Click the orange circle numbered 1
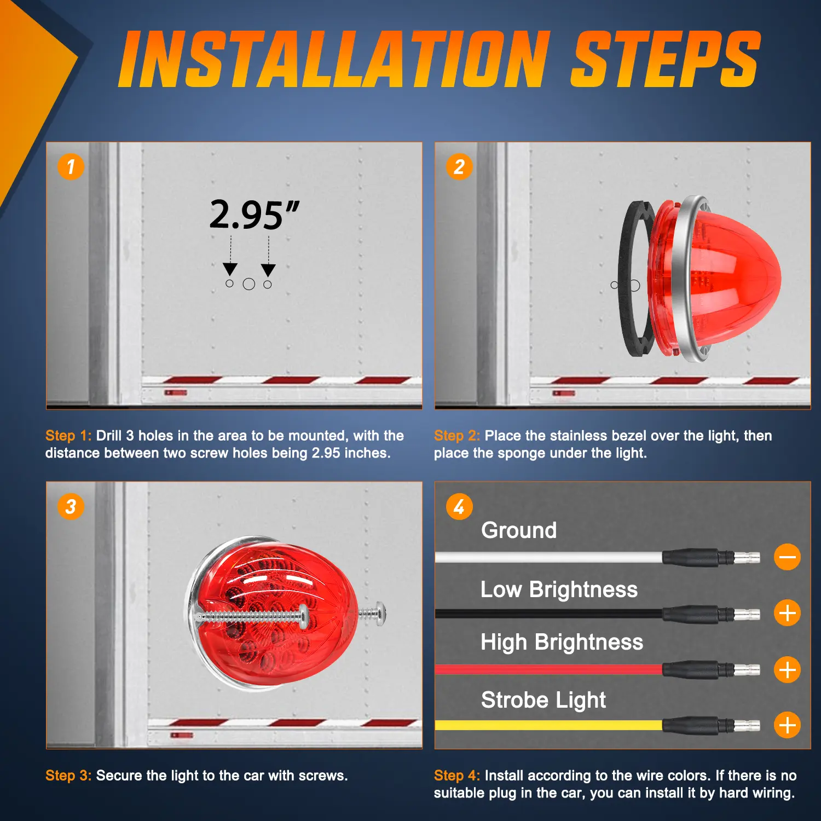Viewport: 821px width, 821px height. point(71,166)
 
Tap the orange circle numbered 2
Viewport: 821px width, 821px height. point(459,166)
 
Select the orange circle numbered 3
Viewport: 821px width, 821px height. point(71,506)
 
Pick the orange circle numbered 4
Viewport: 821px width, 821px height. point(459,506)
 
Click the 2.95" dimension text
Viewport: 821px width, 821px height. point(255,215)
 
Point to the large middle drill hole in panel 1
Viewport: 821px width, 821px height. point(249,284)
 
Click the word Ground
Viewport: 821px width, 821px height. point(519,530)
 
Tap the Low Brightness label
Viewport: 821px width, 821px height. point(559,589)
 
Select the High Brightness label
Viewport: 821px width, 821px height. point(562,643)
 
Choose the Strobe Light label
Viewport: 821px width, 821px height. point(544,700)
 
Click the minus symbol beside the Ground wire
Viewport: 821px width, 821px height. point(788,557)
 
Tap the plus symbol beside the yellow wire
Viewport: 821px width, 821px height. point(788,725)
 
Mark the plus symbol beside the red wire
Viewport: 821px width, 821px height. point(788,669)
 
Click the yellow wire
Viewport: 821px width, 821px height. point(548,725)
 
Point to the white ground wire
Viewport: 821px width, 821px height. point(548,558)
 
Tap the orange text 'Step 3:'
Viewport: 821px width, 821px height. point(68,776)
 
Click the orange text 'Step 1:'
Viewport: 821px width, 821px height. point(68,436)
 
